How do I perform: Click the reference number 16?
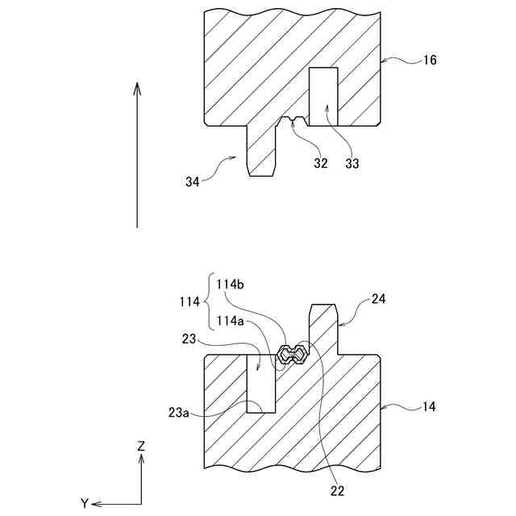[430, 60]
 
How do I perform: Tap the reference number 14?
[429, 406]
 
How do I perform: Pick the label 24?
[379, 299]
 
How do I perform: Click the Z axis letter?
[141, 445]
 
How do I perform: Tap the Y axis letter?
[84, 503]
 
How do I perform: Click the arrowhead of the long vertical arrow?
[138, 86]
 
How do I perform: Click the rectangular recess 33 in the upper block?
[324, 97]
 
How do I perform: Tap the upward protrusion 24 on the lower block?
[322, 327]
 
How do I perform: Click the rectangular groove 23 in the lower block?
[260, 384]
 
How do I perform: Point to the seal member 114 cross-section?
[290, 353]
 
